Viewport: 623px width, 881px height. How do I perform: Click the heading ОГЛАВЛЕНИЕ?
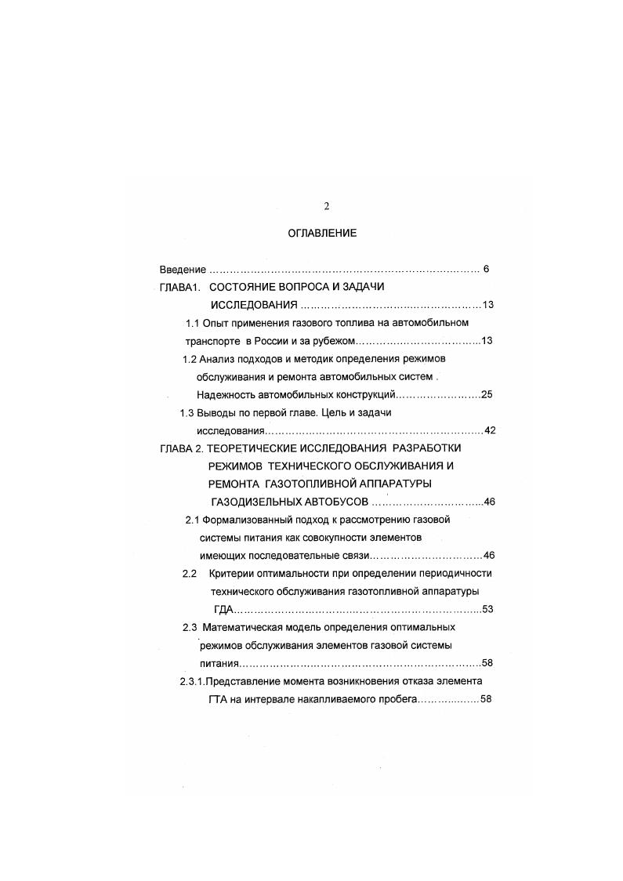click(x=322, y=233)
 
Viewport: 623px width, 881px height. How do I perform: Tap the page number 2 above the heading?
click(x=327, y=206)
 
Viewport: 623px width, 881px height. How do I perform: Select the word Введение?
click(x=183, y=270)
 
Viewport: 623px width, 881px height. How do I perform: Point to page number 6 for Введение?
click(x=486, y=270)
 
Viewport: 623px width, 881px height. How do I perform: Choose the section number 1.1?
click(x=193, y=323)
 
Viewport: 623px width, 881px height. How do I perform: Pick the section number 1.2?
click(x=189, y=359)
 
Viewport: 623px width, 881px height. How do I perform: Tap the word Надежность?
click(x=227, y=394)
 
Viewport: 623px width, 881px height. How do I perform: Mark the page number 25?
click(x=487, y=394)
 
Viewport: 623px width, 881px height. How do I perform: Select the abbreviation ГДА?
click(x=223, y=609)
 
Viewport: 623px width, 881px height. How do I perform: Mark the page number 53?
click(x=487, y=609)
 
